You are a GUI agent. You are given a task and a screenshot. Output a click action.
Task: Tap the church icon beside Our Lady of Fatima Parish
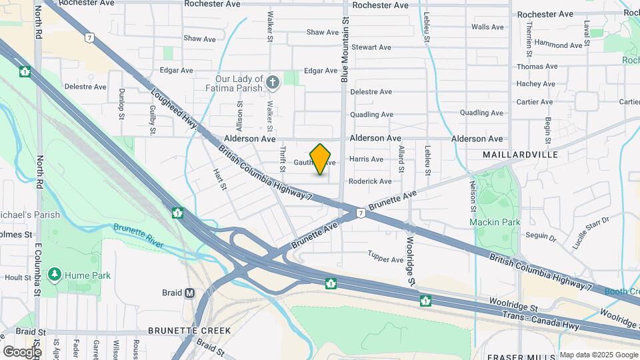pos(272,82)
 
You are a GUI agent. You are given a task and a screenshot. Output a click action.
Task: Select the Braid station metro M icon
pos(190,293)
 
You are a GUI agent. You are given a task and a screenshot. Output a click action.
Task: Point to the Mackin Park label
pos(493,221)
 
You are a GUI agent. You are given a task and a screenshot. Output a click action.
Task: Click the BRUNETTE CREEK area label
pos(189,331)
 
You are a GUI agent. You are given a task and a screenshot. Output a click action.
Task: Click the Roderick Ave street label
pos(370,181)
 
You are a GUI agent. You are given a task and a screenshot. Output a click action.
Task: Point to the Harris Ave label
pos(367,159)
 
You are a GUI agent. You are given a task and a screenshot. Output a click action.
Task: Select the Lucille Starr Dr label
pos(591,233)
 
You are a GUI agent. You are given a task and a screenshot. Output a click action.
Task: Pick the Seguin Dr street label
pos(541,236)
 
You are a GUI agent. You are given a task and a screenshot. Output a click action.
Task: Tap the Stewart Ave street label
pos(371,47)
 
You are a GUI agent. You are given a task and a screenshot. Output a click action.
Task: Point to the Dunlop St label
pos(122,103)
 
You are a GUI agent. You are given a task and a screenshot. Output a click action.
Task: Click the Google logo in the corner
pos(22,351)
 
